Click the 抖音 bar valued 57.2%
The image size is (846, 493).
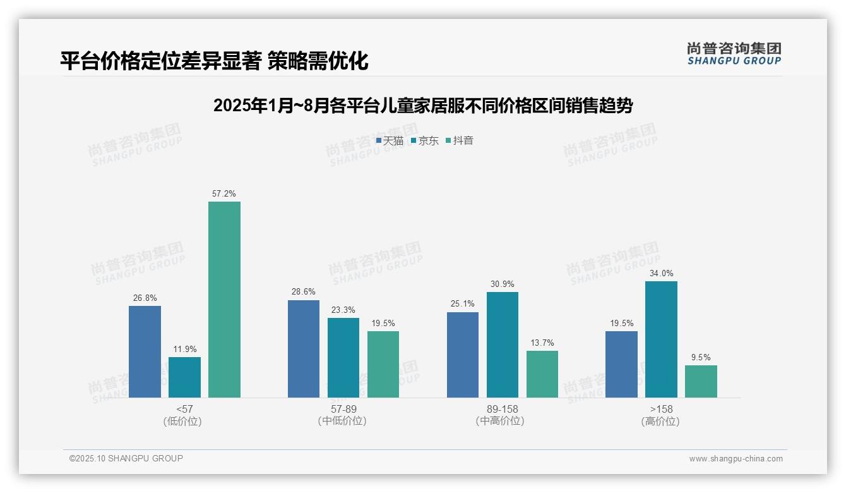[224, 300]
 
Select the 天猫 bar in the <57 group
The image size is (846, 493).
[145, 351]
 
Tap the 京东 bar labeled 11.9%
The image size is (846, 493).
[184, 377]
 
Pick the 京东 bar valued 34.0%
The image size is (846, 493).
[661, 339]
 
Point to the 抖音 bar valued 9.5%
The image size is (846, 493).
[701, 381]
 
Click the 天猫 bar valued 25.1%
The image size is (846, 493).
[463, 355]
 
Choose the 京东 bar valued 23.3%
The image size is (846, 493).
[343, 358]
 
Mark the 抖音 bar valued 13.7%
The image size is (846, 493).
[542, 374]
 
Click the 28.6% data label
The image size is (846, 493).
[304, 292]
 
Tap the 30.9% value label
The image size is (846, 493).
[503, 284]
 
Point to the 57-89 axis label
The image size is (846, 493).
[343, 409]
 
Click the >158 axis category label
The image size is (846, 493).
[660, 409]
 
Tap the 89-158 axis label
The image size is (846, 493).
[502, 409]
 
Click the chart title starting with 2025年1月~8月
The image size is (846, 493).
[423, 105]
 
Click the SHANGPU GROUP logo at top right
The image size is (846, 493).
[734, 54]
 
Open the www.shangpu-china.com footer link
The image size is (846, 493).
[736, 459]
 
